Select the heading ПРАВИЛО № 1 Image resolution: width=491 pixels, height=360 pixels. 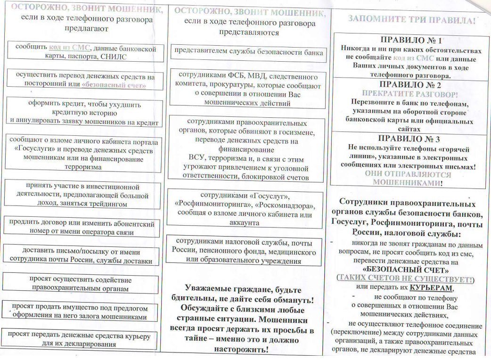point(411,41)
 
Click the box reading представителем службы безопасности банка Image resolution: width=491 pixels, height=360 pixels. point(248,52)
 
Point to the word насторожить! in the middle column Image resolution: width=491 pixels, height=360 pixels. point(241,350)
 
